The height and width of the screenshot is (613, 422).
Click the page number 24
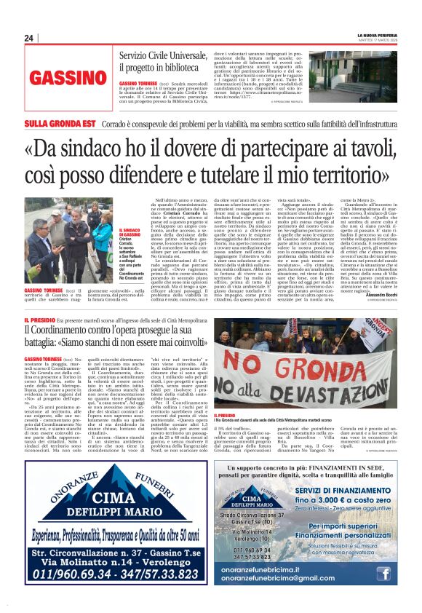(x=28, y=38)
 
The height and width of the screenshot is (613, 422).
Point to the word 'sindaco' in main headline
(x=127, y=149)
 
